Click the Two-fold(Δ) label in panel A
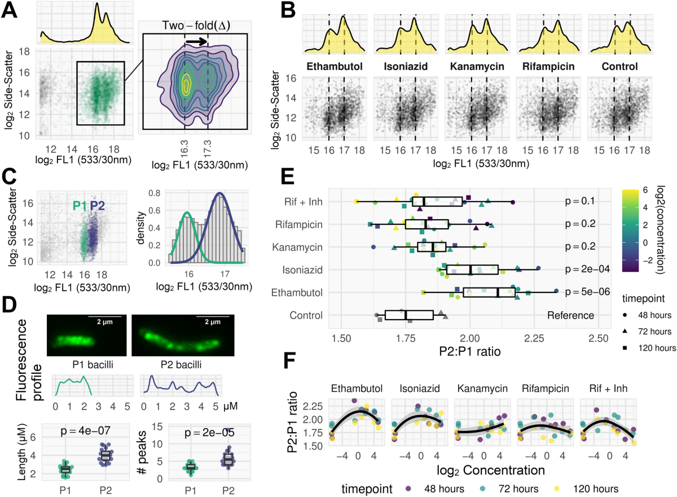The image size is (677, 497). click(195, 26)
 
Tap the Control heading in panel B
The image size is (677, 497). click(619, 67)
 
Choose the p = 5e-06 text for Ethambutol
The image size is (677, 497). click(573, 293)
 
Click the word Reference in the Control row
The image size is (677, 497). click(570, 315)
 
